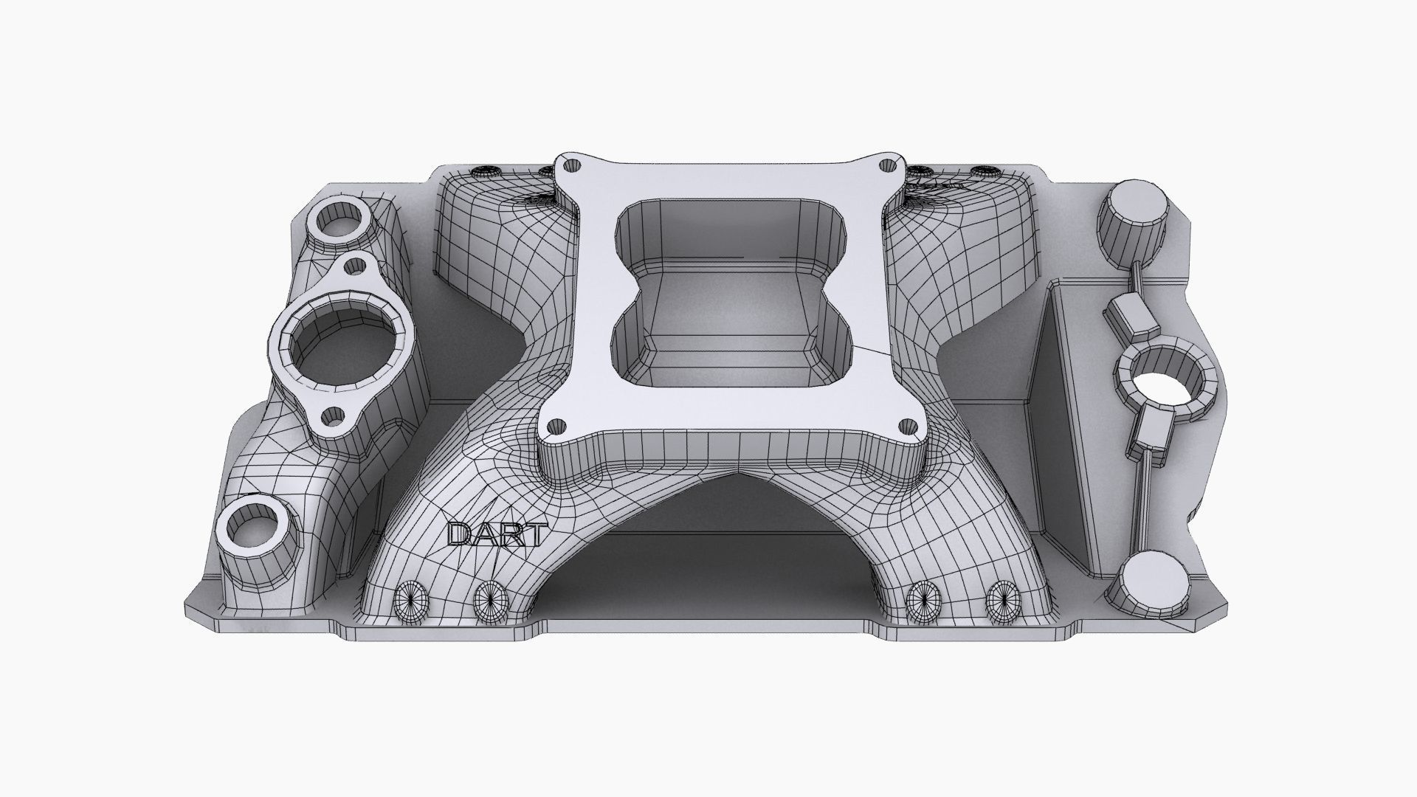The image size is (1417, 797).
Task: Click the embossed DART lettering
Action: [497, 534]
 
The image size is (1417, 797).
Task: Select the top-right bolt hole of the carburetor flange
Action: [894, 165]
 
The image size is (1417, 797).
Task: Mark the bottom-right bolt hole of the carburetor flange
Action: [909, 426]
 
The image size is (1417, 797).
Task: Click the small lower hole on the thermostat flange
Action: [333, 418]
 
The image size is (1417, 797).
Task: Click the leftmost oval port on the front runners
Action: [408, 602]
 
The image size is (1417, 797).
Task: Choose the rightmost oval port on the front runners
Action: [1002, 601]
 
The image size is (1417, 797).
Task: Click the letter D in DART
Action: [459, 534]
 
